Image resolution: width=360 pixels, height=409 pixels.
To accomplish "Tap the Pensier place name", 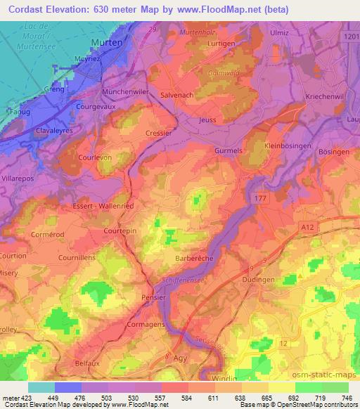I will (x=153, y=297).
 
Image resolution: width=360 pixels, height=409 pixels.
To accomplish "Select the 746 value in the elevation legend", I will (x=347, y=398).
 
